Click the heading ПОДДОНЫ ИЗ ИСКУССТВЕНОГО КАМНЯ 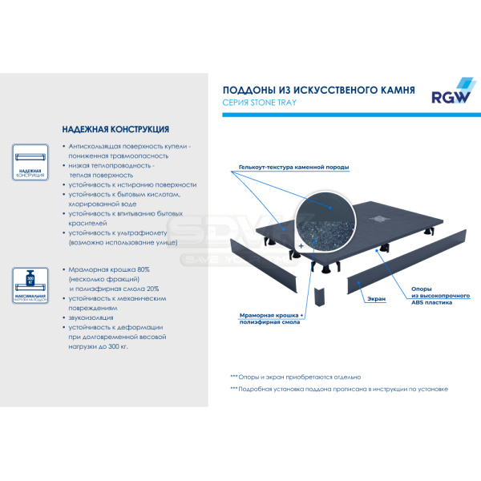317,91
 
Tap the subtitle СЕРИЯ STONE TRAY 261,103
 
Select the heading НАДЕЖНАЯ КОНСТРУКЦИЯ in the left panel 115,129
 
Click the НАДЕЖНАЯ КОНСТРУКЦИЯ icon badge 31,165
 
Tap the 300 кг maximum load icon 31,287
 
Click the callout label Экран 377,298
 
